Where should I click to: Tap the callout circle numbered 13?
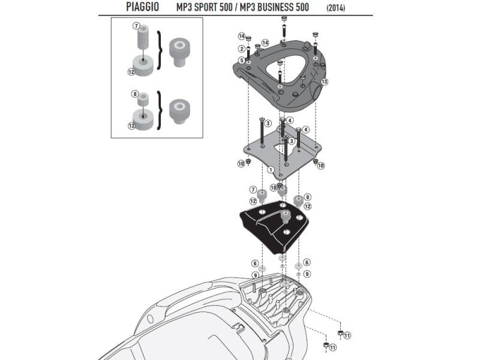point(324,82)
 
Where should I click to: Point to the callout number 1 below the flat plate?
point(271,170)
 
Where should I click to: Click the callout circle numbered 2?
point(241,49)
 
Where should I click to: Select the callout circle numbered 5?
point(241,61)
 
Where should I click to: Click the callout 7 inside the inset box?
point(136,26)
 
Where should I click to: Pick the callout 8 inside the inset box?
point(136,94)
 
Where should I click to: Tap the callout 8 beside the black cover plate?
point(307,197)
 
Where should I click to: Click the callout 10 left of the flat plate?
point(241,164)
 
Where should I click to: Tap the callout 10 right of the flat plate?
point(320,164)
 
